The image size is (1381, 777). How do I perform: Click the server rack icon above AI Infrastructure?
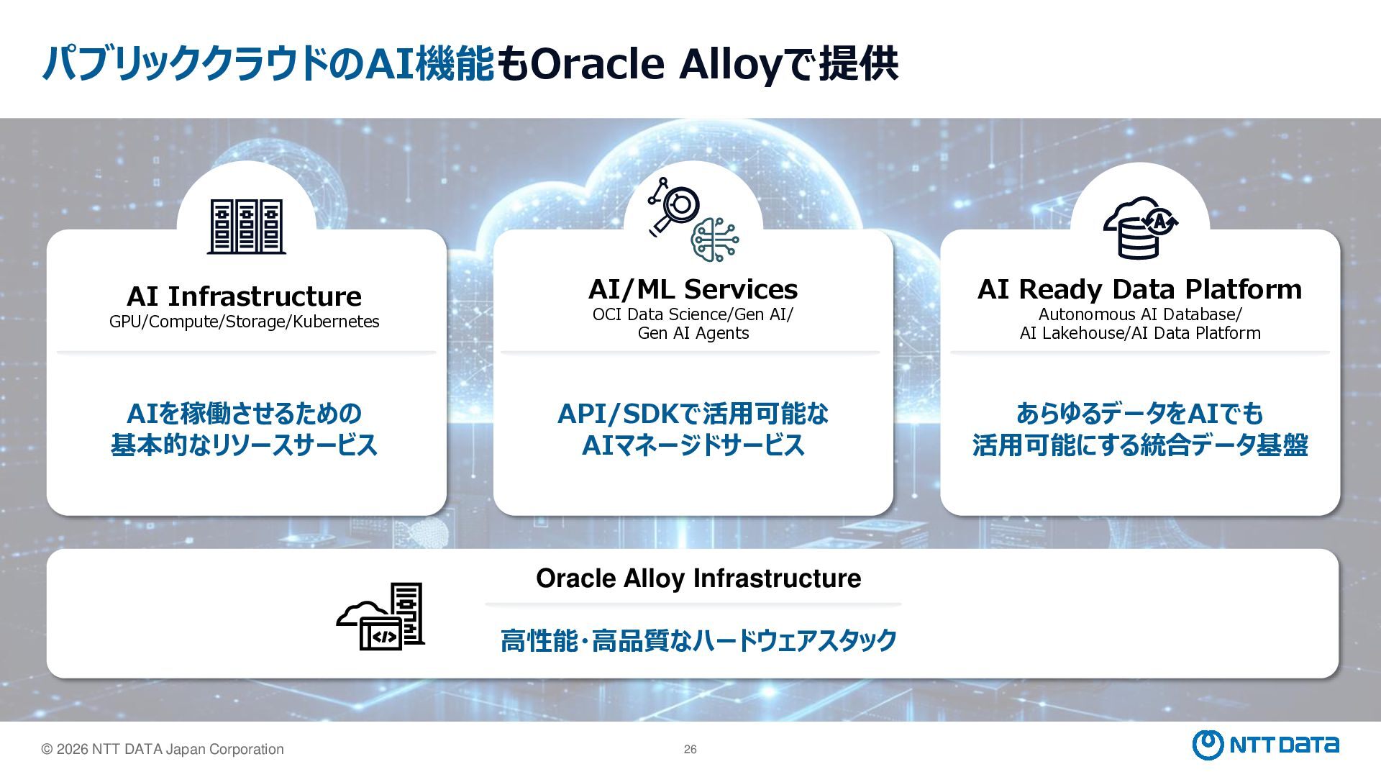tap(246, 227)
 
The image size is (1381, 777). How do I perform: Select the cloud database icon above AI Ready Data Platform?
tap(1140, 227)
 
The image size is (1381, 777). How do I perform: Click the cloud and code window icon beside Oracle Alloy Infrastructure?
tap(381, 617)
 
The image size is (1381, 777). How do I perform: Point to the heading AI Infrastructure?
tap(244, 296)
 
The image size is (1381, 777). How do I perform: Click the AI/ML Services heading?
tap(693, 289)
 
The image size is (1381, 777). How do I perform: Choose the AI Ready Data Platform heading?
tap(1139, 289)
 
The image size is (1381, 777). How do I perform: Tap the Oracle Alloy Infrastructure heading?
tap(698, 578)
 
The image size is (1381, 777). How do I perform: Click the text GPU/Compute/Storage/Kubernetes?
tap(244, 322)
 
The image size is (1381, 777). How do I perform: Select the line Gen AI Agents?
tap(693, 333)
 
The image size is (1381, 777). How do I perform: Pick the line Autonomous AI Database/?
tap(1139, 314)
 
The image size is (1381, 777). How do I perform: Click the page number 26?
tap(690, 750)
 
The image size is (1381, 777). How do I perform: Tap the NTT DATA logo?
tap(1265, 745)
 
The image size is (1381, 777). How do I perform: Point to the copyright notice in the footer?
tap(163, 750)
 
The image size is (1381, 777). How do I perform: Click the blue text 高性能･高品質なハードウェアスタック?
tap(698, 640)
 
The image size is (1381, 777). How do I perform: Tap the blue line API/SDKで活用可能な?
tap(693, 414)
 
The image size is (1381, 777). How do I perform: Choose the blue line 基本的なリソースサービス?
tap(244, 445)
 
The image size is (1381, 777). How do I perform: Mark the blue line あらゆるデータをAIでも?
tap(1139, 414)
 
